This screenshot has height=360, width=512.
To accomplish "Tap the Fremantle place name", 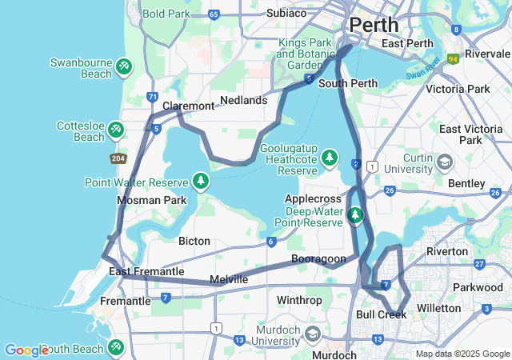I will click(x=125, y=301).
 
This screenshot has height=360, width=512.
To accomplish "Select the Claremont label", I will click(x=188, y=106).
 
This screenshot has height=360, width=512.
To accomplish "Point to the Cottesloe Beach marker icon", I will click(x=116, y=130).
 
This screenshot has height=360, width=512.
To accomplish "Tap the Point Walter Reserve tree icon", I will click(x=199, y=182).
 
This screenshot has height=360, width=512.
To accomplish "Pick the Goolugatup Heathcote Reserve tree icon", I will click(x=329, y=159).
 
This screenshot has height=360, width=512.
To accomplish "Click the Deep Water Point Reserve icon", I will click(x=355, y=214).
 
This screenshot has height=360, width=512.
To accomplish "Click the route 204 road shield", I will click(x=118, y=158).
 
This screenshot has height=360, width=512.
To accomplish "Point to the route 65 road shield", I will click(x=213, y=14).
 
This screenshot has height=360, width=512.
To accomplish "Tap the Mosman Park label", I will click(x=151, y=200).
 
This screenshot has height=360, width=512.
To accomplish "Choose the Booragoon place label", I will click(x=318, y=258).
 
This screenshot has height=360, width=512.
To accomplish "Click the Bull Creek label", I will click(x=381, y=315).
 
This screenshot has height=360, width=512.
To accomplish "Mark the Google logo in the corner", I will click(x=26, y=350).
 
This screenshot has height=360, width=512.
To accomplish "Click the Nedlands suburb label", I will click(x=243, y=100).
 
